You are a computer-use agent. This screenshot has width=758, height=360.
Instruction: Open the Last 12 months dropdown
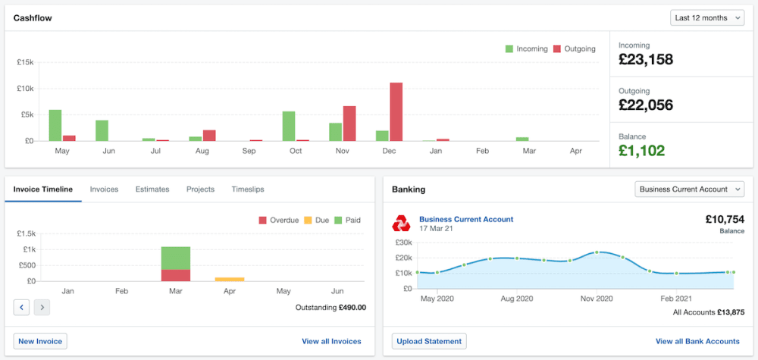point(707,17)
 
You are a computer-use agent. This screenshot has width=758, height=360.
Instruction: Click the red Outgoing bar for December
point(396,112)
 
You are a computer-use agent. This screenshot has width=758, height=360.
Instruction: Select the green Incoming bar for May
point(55,125)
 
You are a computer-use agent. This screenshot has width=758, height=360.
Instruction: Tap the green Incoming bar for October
point(289,126)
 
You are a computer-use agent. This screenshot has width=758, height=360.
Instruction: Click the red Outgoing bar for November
point(349,124)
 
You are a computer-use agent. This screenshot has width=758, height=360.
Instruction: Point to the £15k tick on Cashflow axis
point(25,62)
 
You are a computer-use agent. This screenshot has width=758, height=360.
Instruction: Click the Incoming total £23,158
point(646,59)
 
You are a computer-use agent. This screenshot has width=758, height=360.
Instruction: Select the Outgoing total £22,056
point(646,105)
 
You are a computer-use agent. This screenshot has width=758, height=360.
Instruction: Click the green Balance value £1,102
point(641,150)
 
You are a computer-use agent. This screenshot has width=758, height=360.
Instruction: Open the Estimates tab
point(152,189)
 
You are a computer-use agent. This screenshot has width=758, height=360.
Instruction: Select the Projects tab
point(200,189)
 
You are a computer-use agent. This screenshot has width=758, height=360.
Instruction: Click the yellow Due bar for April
point(230,279)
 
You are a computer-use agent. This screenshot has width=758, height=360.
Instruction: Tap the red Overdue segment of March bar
point(176,275)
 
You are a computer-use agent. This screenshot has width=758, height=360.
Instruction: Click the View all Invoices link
point(331,342)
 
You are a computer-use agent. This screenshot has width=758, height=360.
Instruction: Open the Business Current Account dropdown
point(689,189)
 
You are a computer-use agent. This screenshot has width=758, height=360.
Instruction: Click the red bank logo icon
point(401,224)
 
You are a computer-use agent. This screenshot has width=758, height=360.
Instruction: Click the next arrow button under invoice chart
point(42,307)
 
